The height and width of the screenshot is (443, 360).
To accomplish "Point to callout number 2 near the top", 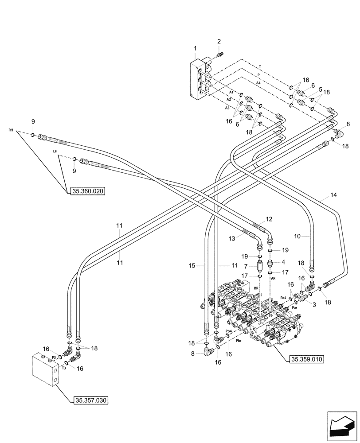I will (219, 42).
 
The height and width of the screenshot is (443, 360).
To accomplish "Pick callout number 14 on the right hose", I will (333, 195).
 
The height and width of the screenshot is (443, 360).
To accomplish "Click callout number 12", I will (269, 219).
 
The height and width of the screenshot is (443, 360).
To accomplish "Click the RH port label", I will (11, 131).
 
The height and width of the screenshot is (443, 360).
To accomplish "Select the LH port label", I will (55, 152).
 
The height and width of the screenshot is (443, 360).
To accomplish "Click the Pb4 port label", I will (229, 331).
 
